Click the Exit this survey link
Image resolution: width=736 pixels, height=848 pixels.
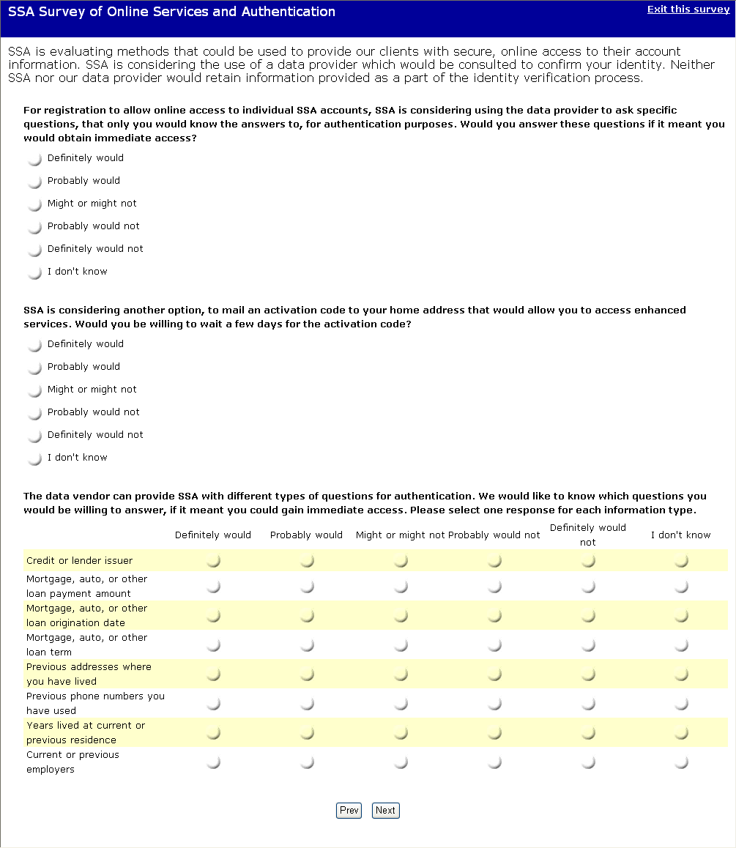[688, 10]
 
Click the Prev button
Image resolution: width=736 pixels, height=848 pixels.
[349, 810]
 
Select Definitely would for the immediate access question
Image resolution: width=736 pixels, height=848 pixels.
[34, 159]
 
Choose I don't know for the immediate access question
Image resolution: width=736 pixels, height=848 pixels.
[34, 272]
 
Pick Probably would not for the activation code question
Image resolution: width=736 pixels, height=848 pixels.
[34, 413]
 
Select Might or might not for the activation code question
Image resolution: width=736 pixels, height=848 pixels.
[34, 390]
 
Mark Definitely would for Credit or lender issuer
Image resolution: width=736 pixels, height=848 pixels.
[213, 561]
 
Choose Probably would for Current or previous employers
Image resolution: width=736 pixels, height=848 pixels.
[307, 762]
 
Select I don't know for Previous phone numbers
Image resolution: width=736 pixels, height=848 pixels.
[681, 704]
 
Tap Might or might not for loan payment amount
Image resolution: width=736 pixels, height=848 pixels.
[401, 587]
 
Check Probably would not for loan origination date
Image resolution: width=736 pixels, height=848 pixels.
[494, 616]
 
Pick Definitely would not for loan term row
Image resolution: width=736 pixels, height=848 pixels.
[588, 645]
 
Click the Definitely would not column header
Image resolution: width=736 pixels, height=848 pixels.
[587, 535]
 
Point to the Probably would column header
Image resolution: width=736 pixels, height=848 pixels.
[306, 535]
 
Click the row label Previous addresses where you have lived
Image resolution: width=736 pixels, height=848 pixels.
[89, 674]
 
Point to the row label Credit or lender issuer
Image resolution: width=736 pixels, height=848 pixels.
[79, 561]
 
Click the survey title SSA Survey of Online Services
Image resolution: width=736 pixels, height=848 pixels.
[171, 12]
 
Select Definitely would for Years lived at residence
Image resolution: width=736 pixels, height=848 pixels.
[213, 733]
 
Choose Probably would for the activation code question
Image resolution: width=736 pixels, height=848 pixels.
[34, 368]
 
